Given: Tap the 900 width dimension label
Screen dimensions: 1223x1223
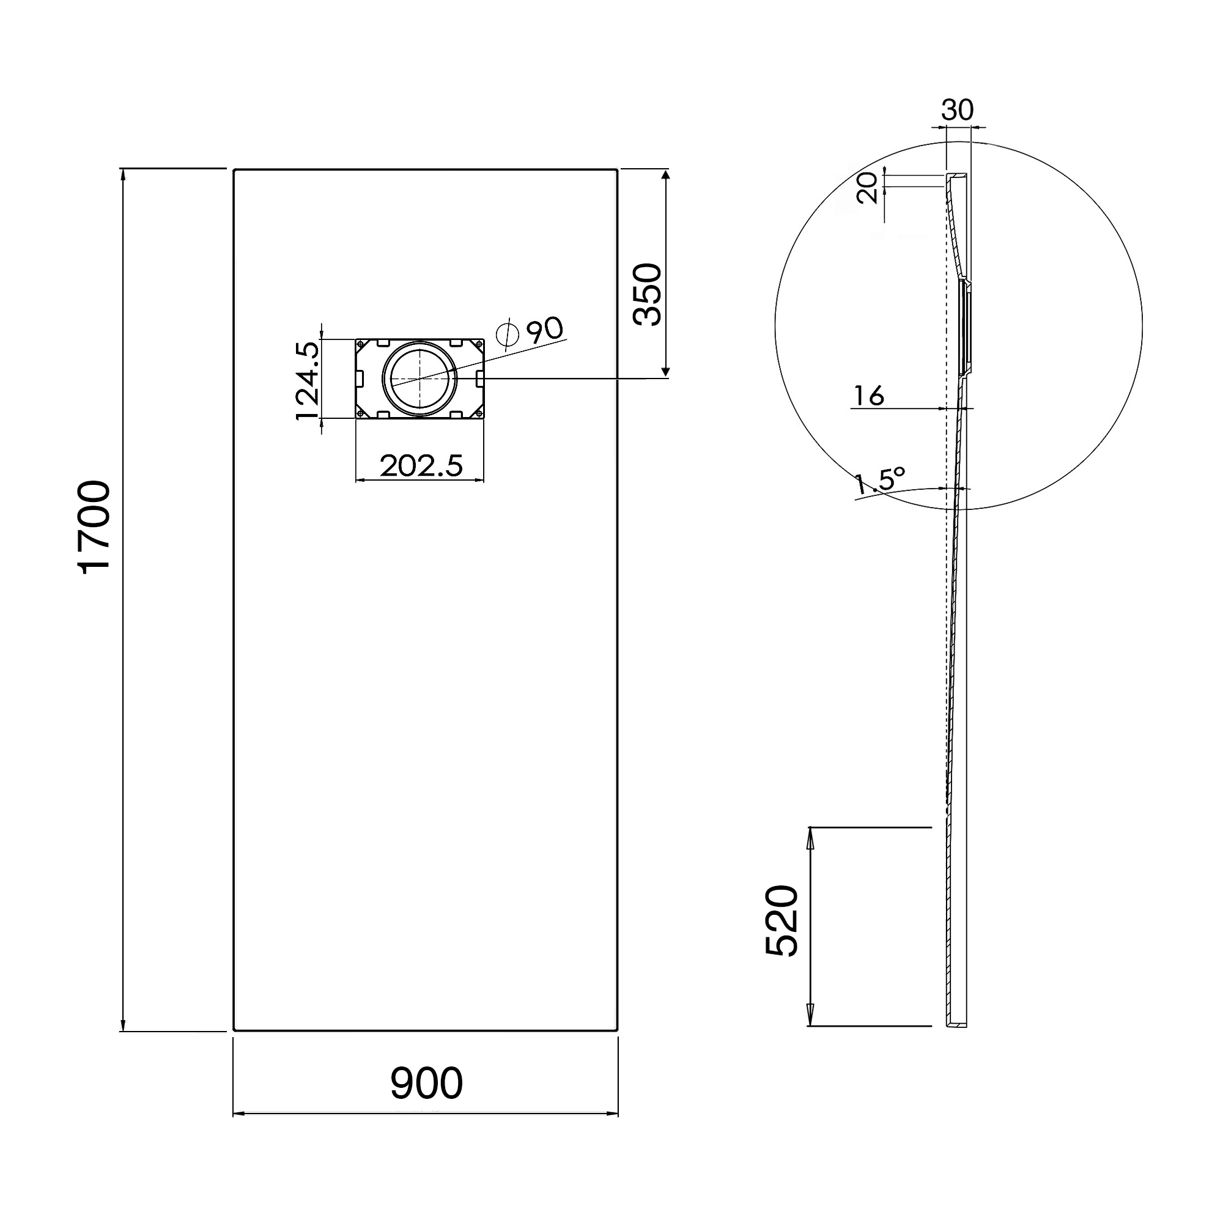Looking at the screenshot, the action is (426, 1083).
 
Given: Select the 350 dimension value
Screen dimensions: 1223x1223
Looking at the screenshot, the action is (648, 294).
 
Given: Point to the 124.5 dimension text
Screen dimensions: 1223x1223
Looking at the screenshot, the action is (308, 380).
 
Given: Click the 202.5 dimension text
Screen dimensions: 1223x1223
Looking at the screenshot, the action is (421, 466).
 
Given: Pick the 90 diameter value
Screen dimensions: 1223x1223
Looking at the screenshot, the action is (544, 330).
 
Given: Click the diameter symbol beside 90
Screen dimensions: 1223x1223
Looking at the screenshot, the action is (508, 336).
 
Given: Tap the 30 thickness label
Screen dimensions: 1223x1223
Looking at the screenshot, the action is (956, 110).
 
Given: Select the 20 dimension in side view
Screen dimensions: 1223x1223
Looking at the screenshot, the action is (867, 188).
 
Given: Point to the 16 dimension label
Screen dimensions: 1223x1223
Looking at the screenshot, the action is (868, 396).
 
